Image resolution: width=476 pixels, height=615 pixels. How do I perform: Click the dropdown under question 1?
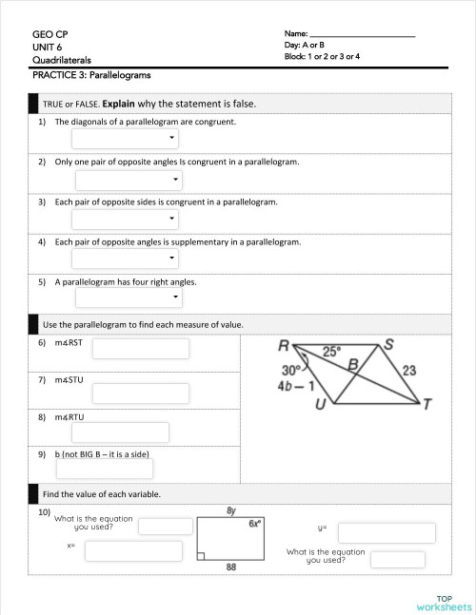click(x=125, y=139)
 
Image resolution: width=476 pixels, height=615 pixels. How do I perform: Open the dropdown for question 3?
click(x=125, y=220)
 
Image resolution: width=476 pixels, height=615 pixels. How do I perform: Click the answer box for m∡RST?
click(x=140, y=349)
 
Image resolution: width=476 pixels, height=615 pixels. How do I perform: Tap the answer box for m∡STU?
click(x=140, y=393)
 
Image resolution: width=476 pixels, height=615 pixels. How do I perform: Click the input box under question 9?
click(x=104, y=469)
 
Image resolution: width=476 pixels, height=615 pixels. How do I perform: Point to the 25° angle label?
click(x=331, y=351)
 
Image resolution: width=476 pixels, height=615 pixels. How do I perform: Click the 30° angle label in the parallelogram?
click(x=291, y=370)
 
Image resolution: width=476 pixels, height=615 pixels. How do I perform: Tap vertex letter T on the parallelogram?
click(x=427, y=405)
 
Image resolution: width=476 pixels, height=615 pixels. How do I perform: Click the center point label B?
click(x=352, y=363)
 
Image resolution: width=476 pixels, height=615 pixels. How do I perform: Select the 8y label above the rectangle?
click(x=231, y=510)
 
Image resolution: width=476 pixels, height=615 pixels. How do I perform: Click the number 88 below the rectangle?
click(x=230, y=567)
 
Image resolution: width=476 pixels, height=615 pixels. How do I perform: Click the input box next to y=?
click(x=387, y=532)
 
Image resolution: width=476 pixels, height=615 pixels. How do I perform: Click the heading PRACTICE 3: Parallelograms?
click(x=91, y=74)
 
